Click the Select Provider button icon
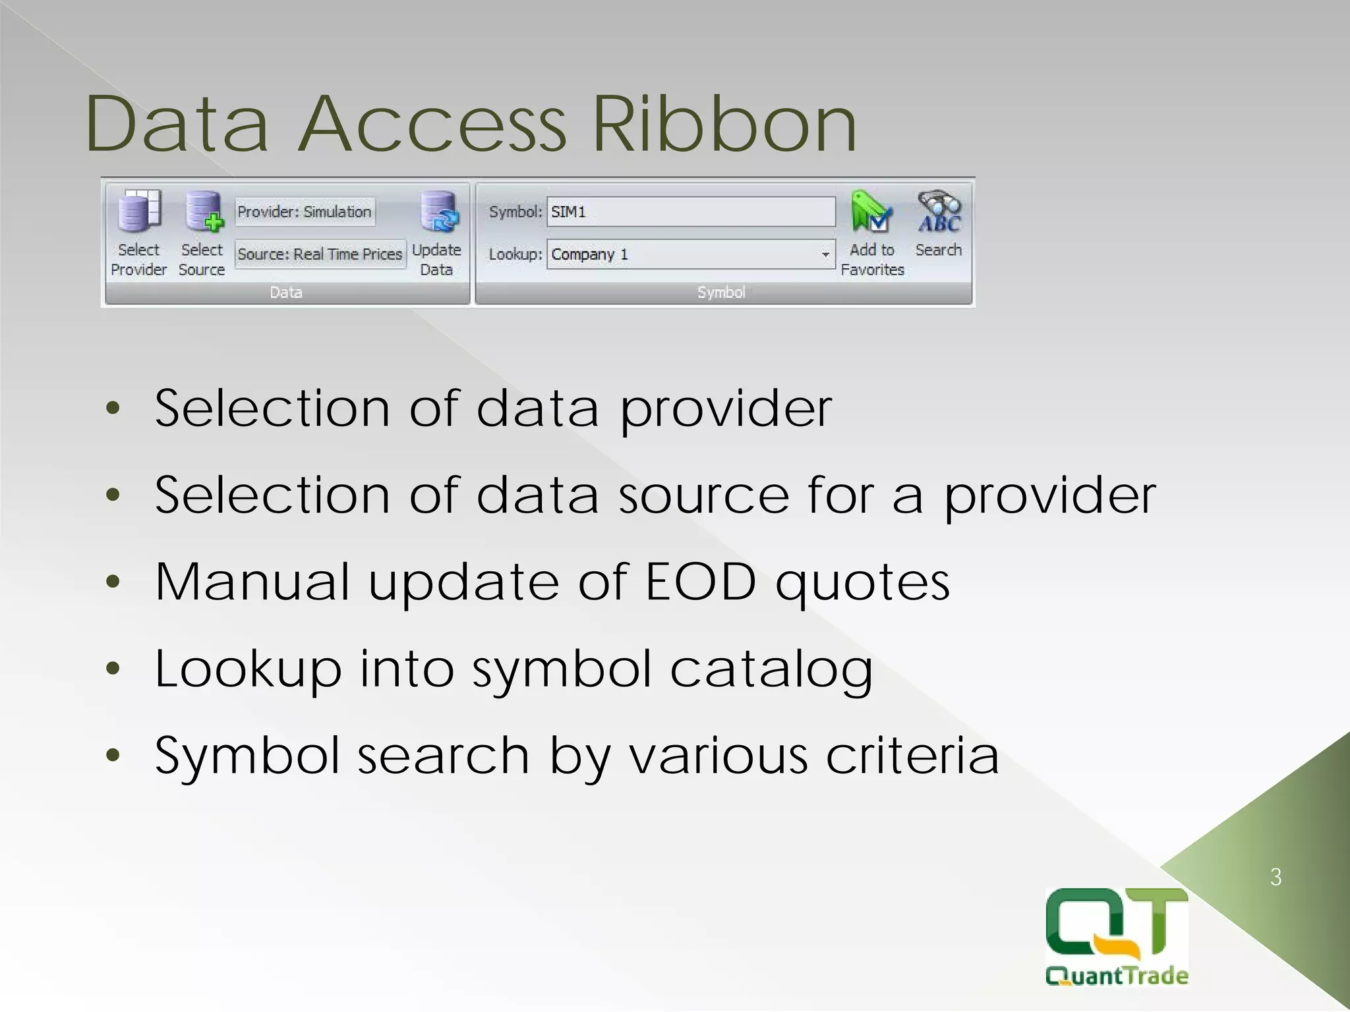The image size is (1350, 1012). click(139, 211)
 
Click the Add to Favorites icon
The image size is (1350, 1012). click(871, 211)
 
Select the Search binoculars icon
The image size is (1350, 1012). click(939, 211)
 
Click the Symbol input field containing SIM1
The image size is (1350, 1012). click(691, 212)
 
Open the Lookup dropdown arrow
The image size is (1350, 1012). click(825, 254)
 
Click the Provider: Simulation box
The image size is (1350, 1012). click(305, 212)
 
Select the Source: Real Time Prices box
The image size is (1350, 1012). click(320, 254)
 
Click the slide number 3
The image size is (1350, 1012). click(1276, 877)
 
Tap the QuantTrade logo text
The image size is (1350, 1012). click(1117, 975)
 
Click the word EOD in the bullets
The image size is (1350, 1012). click(700, 582)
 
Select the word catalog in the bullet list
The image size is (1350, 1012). click(771, 669)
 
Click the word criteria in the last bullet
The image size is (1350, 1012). click(912, 755)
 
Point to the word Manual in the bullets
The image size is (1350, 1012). click(252, 582)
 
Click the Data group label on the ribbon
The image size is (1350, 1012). click(286, 293)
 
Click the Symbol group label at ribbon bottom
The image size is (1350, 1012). click(721, 293)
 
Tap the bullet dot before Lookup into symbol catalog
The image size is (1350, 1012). click(113, 669)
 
